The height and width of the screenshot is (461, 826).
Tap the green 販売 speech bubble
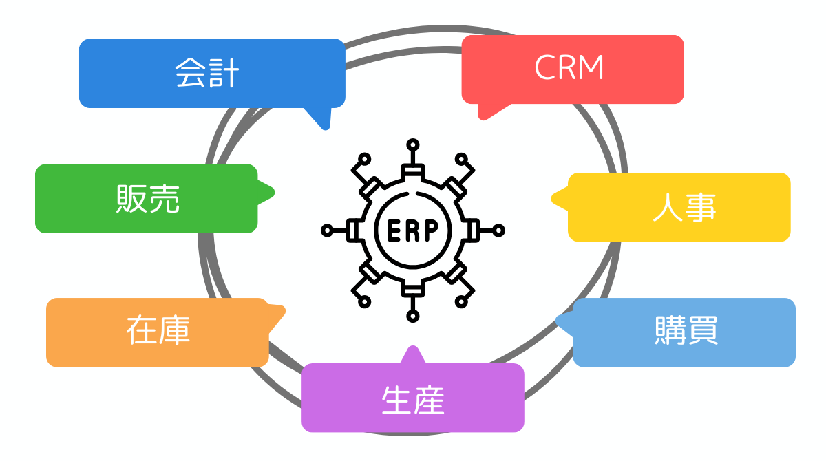click(x=76, y=199)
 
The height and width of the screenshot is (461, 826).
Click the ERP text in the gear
click(x=412, y=231)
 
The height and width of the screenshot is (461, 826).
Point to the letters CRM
click(x=569, y=69)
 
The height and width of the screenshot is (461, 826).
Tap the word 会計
click(x=206, y=74)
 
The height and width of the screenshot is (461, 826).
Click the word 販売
click(x=147, y=199)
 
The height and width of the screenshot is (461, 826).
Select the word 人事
click(x=684, y=207)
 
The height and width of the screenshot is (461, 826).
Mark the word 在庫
click(x=158, y=332)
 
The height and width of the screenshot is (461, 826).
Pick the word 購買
click(x=686, y=332)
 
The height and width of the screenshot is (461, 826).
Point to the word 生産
click(x=413, y=399)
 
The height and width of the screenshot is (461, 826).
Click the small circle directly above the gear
click(x=412, y=144)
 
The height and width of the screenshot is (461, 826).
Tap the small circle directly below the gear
click(x=412, y=316)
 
